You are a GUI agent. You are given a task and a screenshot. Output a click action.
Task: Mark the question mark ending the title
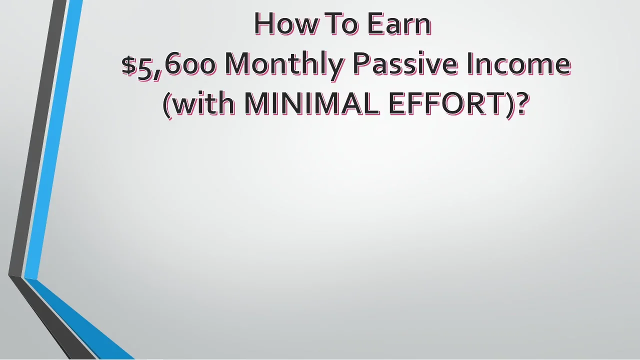(x=522, y=103)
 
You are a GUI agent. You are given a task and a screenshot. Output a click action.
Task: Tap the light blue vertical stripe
(x=55, y=140)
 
